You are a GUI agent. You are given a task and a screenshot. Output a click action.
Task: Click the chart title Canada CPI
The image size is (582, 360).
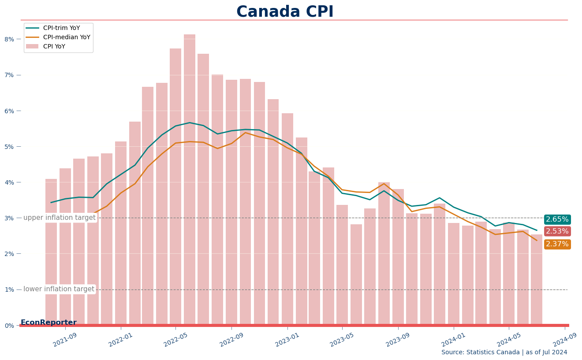pyautogui.click(x=285, y=12)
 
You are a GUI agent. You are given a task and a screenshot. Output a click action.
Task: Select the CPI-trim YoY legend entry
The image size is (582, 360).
pyautogui.click(x=53, y=28)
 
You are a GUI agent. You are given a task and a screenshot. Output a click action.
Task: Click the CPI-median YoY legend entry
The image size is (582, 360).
pyautogui.click(x=58, y=37)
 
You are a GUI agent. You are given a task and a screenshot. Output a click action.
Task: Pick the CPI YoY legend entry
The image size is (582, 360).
pyautogui.click(x=45, y=47)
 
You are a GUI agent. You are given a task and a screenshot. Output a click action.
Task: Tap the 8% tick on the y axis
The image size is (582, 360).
pyautogui.click(x=9, y=39)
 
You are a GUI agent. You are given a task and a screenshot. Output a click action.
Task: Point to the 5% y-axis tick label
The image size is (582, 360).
pyautogui.click(x=9, y=147)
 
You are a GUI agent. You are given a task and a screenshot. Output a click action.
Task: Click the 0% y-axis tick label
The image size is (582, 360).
pyautogui.click(x=9, y=326)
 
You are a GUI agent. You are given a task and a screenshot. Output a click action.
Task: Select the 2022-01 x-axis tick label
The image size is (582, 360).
pyautogui.click(x=120, y=340)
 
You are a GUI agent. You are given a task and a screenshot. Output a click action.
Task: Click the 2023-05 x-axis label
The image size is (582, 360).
pyautogui.click(x=342, y=340)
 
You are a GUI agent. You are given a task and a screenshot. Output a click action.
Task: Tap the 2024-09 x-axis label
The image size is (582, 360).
pyautogui.click(x=565, y=340)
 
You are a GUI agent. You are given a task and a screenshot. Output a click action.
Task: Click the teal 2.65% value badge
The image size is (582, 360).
pyautogui.click(x=557, y=219)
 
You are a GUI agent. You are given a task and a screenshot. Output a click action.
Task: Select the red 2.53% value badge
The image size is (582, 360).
pyautogui.click(x=557, y=231)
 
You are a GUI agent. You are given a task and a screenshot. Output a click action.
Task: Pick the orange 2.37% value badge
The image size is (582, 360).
pyautogui.click(x=557, y=244)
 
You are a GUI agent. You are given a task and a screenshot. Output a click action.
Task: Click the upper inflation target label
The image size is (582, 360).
pyautogui.click(x=60, y=218)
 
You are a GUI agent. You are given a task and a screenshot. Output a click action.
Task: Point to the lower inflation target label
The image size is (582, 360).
pyautogui.click(x=59, y=289)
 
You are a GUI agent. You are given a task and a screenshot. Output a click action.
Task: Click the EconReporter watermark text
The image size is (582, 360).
pyautogui.click(x=48, y=323)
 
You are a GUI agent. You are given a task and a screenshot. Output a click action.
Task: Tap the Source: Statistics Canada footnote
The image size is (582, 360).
pyautogui.click(x=504, y=352)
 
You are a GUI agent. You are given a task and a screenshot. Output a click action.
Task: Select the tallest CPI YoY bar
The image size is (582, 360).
pyautogui.click(x=190, y=179)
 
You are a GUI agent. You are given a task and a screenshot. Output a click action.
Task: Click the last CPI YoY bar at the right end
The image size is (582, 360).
pyautogui.click(x=537, y=279)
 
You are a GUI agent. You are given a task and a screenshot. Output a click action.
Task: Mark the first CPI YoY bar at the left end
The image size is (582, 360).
pyautogui.click(x=51, y=252)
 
